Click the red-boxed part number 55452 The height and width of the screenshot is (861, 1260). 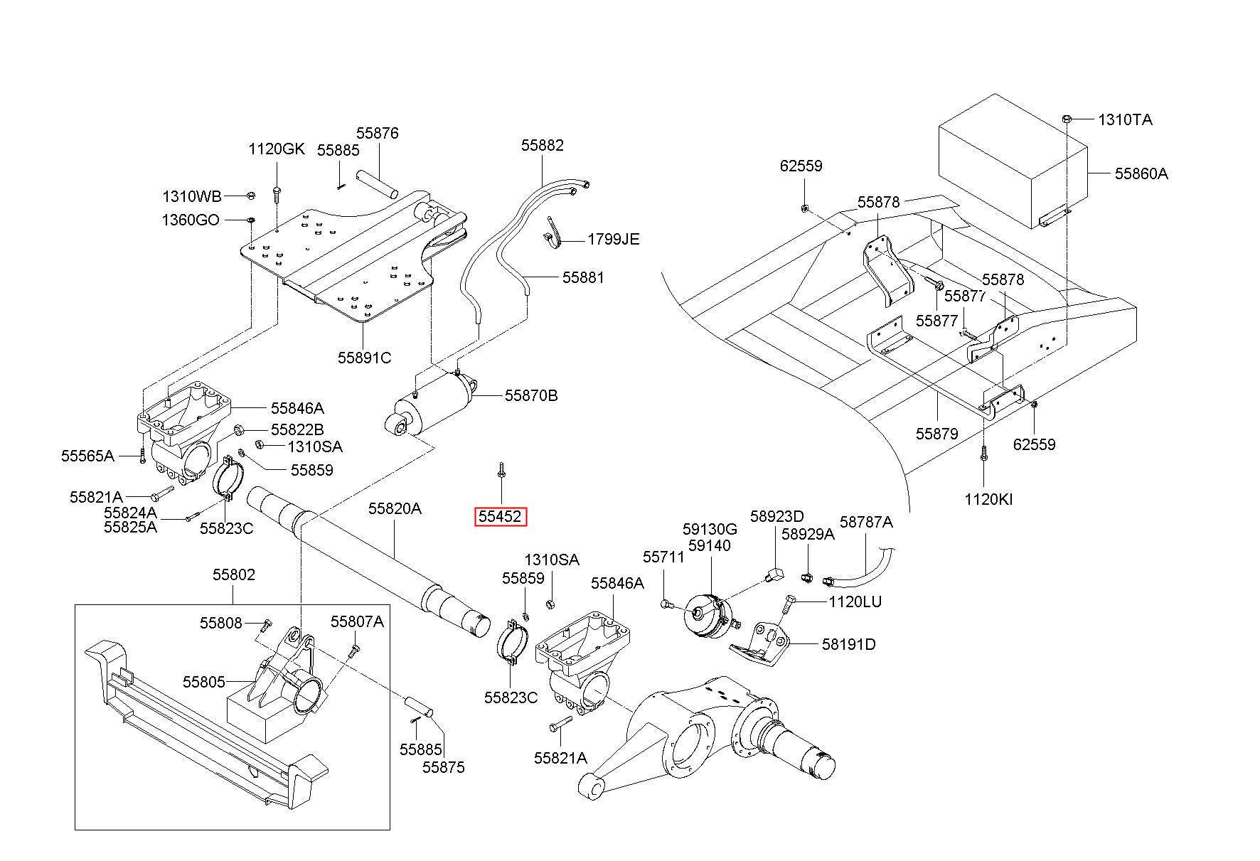(x=501, y=516)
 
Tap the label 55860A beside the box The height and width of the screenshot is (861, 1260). (x=1141, y=173)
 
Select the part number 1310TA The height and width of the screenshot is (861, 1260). (x=1126, y=119)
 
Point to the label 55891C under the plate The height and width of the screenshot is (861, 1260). (x=364, y=358)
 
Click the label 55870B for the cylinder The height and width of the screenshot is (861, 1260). (x=531, y=395)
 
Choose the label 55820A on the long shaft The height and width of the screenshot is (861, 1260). (x=395, y=508)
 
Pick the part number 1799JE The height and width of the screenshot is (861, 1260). (x=614, y=239)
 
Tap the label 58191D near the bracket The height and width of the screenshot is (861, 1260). (x=849, y=644)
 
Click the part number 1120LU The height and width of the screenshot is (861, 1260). (x=855, y=602)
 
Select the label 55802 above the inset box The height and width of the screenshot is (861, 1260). (x=233, y=574)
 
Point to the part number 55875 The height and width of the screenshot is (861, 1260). (x=444, y=767)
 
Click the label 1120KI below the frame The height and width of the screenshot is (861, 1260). (x=988, y=499)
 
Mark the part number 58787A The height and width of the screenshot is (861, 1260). (x=866, y=522)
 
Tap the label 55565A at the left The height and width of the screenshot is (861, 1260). (x=87, y=456)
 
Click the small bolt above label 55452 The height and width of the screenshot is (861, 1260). (x=502, y=469)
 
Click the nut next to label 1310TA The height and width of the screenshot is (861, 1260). (x=1068, y=118)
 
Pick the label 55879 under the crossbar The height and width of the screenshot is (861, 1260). (x=937, y=434)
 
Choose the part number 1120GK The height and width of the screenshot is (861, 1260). (x=276, y=149)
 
